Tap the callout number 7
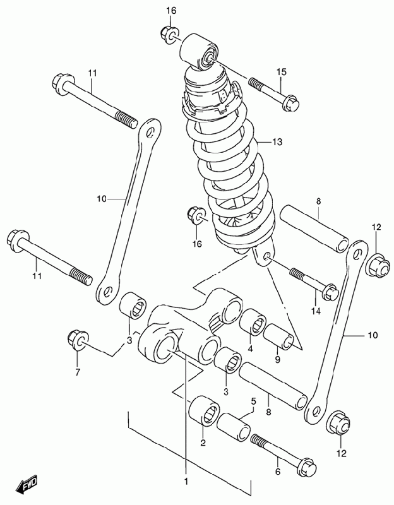pos(78,372)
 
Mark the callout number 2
pos(203,443)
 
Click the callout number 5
pos(253,401)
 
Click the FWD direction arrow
pos(28,485)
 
